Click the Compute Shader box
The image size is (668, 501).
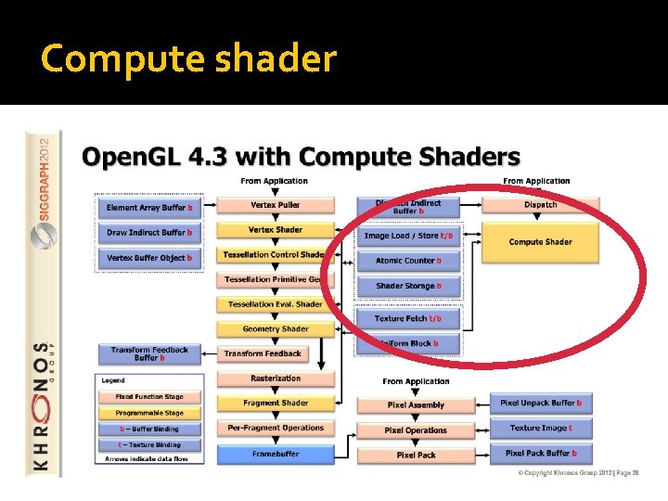540,242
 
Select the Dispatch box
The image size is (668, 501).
540,204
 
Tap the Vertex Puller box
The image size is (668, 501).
275,205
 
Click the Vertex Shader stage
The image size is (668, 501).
275,230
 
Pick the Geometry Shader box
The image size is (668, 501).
275,328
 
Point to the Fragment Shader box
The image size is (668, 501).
275,403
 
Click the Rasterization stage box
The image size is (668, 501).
275,379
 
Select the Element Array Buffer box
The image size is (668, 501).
149,207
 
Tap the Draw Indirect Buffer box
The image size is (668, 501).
149,232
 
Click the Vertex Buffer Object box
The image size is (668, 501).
149,257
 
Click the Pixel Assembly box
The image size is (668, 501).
415,405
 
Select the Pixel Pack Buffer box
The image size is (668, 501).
541,453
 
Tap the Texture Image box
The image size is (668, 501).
541,428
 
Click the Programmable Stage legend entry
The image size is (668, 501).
149,413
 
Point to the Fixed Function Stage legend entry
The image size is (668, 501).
149,397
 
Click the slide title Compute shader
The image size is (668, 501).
188,58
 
